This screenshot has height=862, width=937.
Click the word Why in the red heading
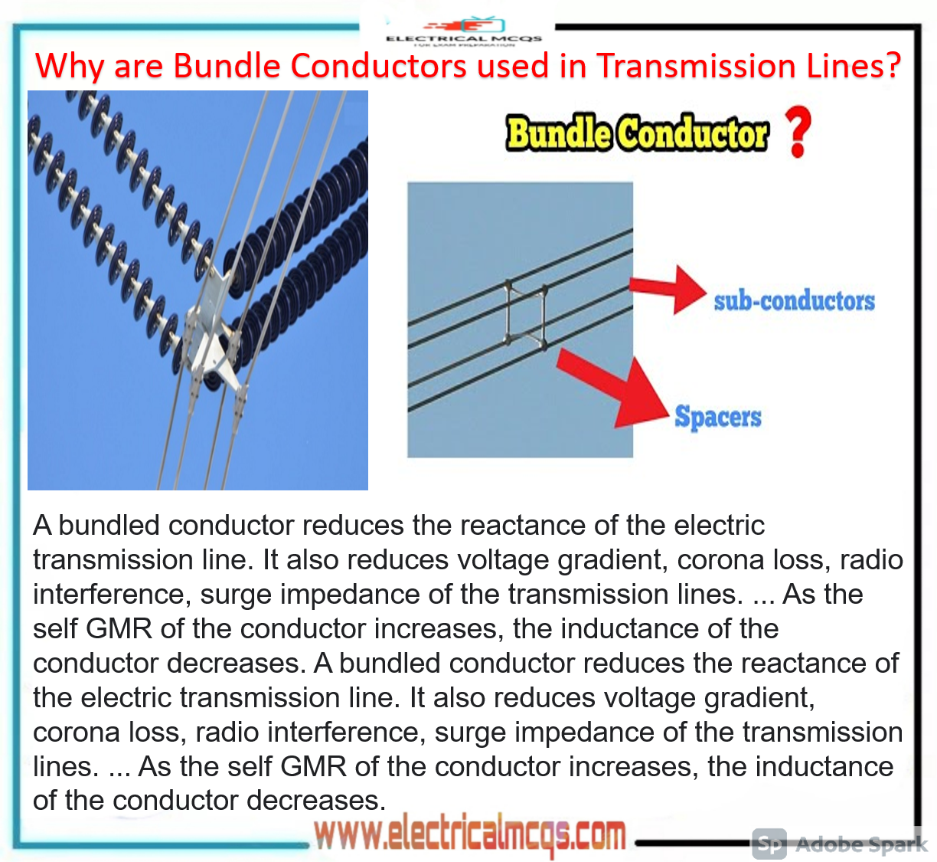tap(69, 67)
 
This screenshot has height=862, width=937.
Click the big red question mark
tap(798, 132)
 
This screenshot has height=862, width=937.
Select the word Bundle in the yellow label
tap(558, 133)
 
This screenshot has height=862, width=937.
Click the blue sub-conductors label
tap(794, 301)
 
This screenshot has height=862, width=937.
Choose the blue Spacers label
tap(717, 417)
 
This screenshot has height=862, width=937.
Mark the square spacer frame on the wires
tap(525, 314)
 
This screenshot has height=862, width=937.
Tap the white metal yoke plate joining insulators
tap(211, 329)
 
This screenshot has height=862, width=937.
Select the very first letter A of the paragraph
tap(42, 526)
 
